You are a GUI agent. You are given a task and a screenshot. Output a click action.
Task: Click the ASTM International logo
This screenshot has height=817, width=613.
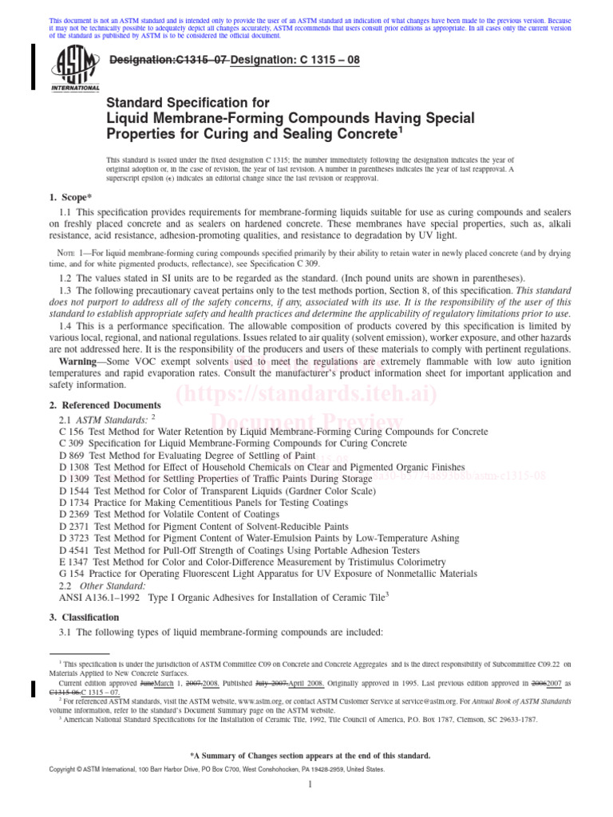tap(76, 68)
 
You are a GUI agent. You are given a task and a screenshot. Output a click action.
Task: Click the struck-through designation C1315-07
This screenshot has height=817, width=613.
tap(167, 60)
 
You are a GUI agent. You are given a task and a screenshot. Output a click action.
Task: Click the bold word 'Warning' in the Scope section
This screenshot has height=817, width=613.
tap(82, 361)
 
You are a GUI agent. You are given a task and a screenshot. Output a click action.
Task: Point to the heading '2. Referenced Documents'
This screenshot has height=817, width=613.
tap(100, 405)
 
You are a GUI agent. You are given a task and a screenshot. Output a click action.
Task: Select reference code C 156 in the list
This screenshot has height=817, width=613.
tap(72, 432)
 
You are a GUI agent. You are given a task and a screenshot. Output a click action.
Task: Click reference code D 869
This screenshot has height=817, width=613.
tap(73, 455)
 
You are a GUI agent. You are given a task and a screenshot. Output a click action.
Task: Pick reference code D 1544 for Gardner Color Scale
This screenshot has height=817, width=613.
tap(75, 491)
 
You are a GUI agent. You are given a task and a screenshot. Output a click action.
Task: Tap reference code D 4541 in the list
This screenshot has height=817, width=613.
tap(75, 550)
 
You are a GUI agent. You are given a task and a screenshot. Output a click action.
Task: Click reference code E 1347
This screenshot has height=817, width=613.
tap(74, 562)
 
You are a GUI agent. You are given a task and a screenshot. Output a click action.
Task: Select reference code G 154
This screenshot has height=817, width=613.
tap(73, 574)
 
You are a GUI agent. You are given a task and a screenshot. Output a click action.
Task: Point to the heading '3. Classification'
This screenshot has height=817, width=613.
tap(81, 618)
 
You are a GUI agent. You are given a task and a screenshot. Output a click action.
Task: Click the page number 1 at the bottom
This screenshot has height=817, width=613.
tap(307, 807)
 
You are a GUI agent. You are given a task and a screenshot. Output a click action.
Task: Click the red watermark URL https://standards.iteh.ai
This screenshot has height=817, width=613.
tap(306, 393)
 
